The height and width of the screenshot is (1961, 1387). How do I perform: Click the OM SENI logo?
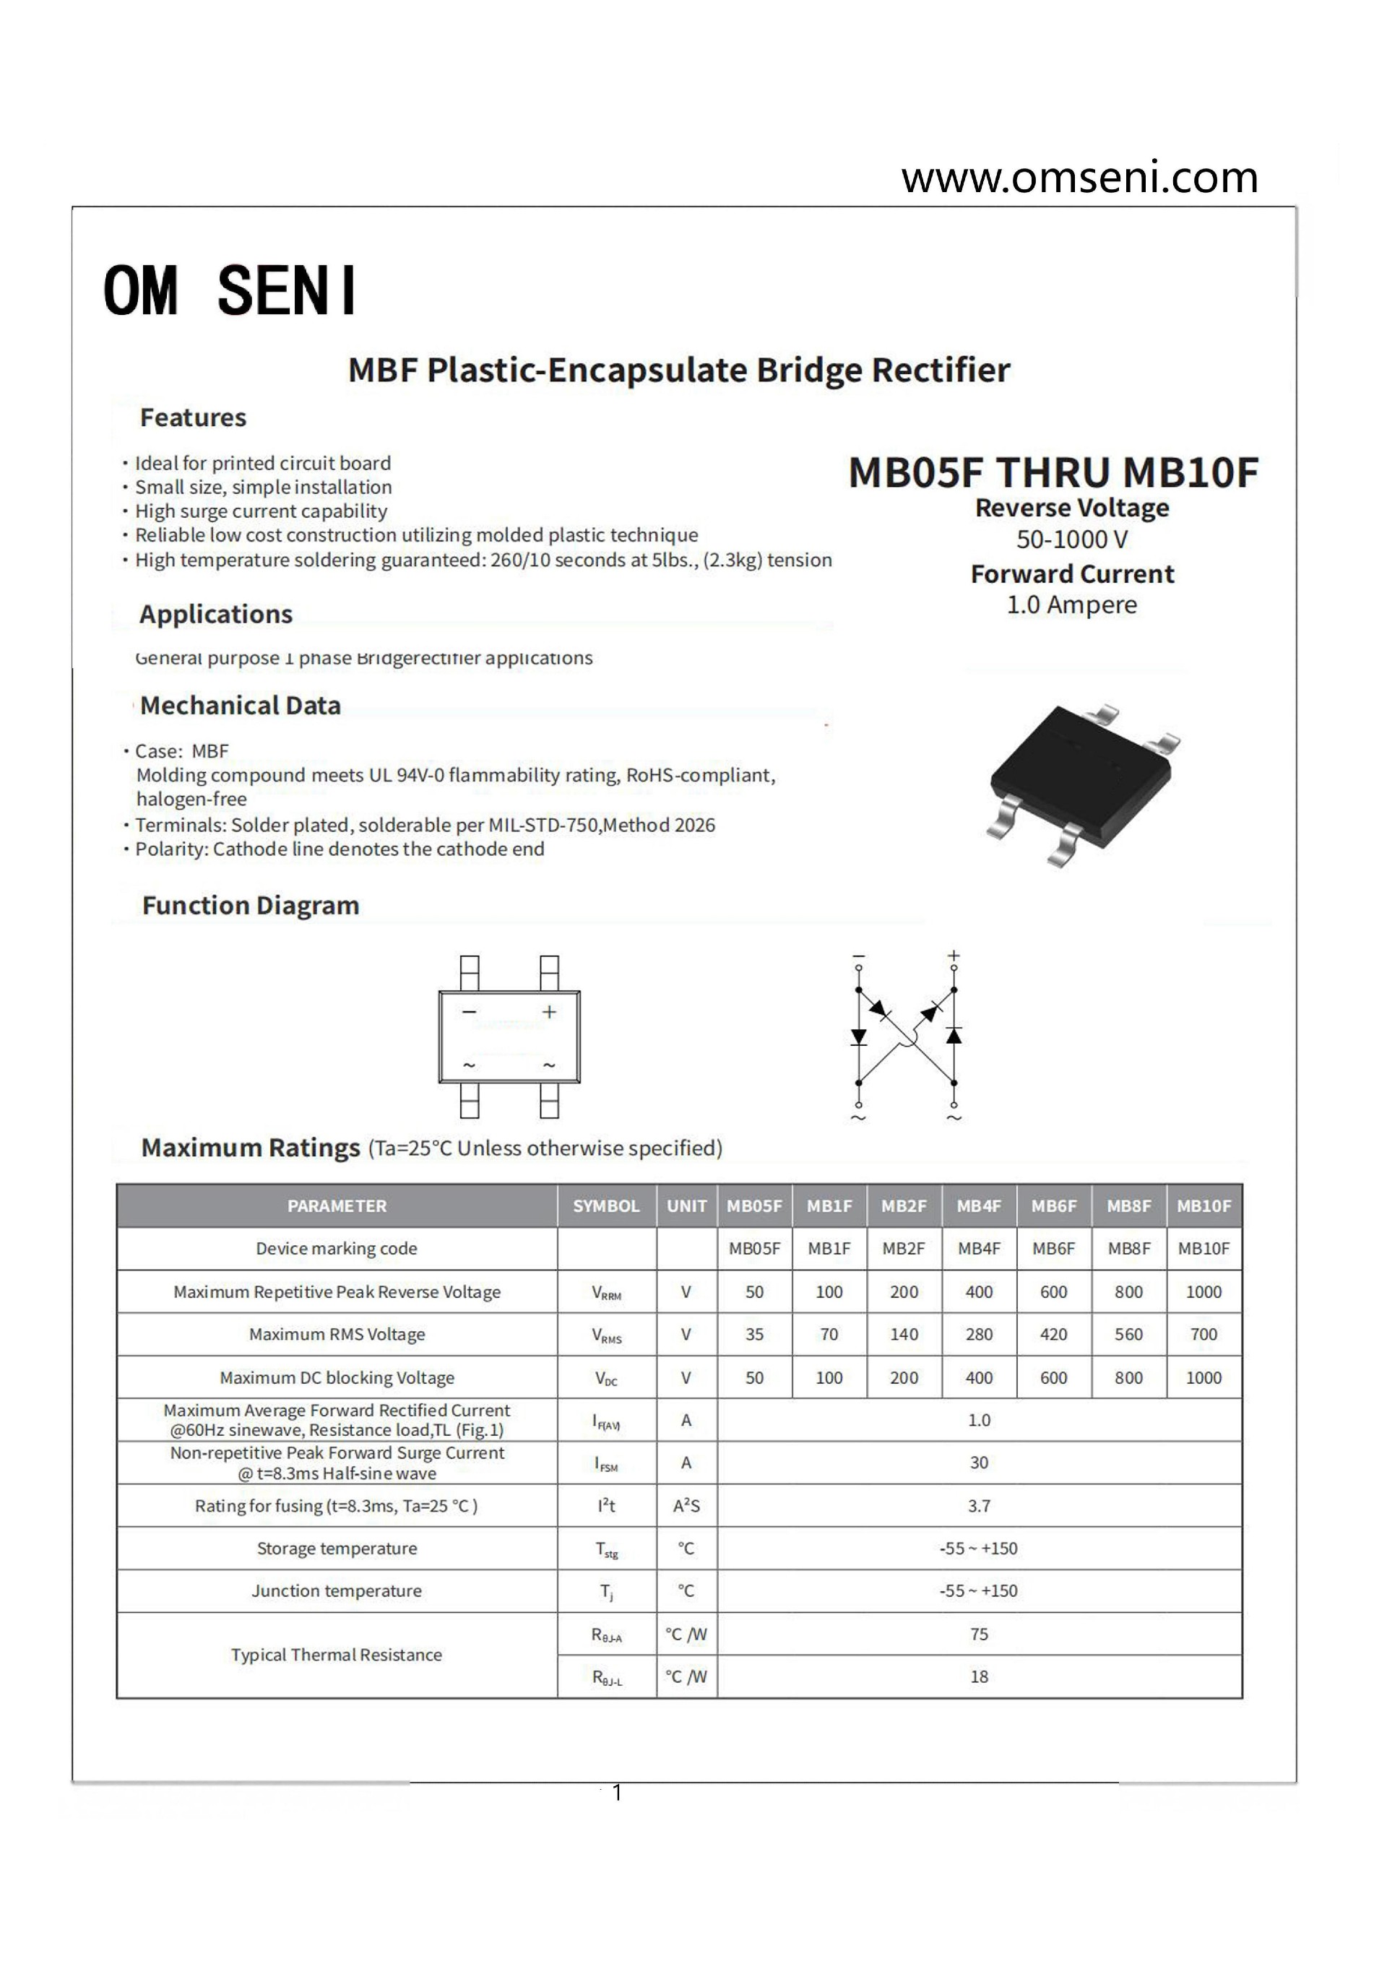tap(229, 290)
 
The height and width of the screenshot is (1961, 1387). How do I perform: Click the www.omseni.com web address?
tap(1079, 178)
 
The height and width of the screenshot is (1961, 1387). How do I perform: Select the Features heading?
tap(193, 417)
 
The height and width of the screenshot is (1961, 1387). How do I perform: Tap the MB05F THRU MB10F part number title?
tap(1053, 472)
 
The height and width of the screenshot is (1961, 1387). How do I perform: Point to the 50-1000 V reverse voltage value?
tap(1072, 540)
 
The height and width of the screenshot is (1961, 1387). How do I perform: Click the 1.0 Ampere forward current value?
tap(1072, 605)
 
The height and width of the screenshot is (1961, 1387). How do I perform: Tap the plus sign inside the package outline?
tap(549, 1012)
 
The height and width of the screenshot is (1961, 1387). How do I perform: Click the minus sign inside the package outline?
tap(469, 1012)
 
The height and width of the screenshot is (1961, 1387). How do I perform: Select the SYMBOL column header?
tap(605, 1206)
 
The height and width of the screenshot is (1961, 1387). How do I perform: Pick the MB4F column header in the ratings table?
tap(979, 1206)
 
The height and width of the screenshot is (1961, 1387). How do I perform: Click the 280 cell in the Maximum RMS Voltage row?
tap(979, 1334)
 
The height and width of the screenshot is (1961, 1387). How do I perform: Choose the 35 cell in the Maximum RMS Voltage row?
tap(754, 1334)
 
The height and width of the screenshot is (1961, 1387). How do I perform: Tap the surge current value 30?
tap(979, 1462)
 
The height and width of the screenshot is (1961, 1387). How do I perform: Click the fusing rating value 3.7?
tap(979, 1506)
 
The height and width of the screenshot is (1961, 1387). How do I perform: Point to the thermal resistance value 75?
tap(979, 1634)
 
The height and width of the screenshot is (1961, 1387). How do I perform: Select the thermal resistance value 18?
tap(979, 1676)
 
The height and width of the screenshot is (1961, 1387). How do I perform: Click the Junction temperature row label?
tap(337, 1590)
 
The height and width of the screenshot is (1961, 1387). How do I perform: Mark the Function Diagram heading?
tap(250, 905)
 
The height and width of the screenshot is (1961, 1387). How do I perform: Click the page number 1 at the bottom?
tap(618, 1793)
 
